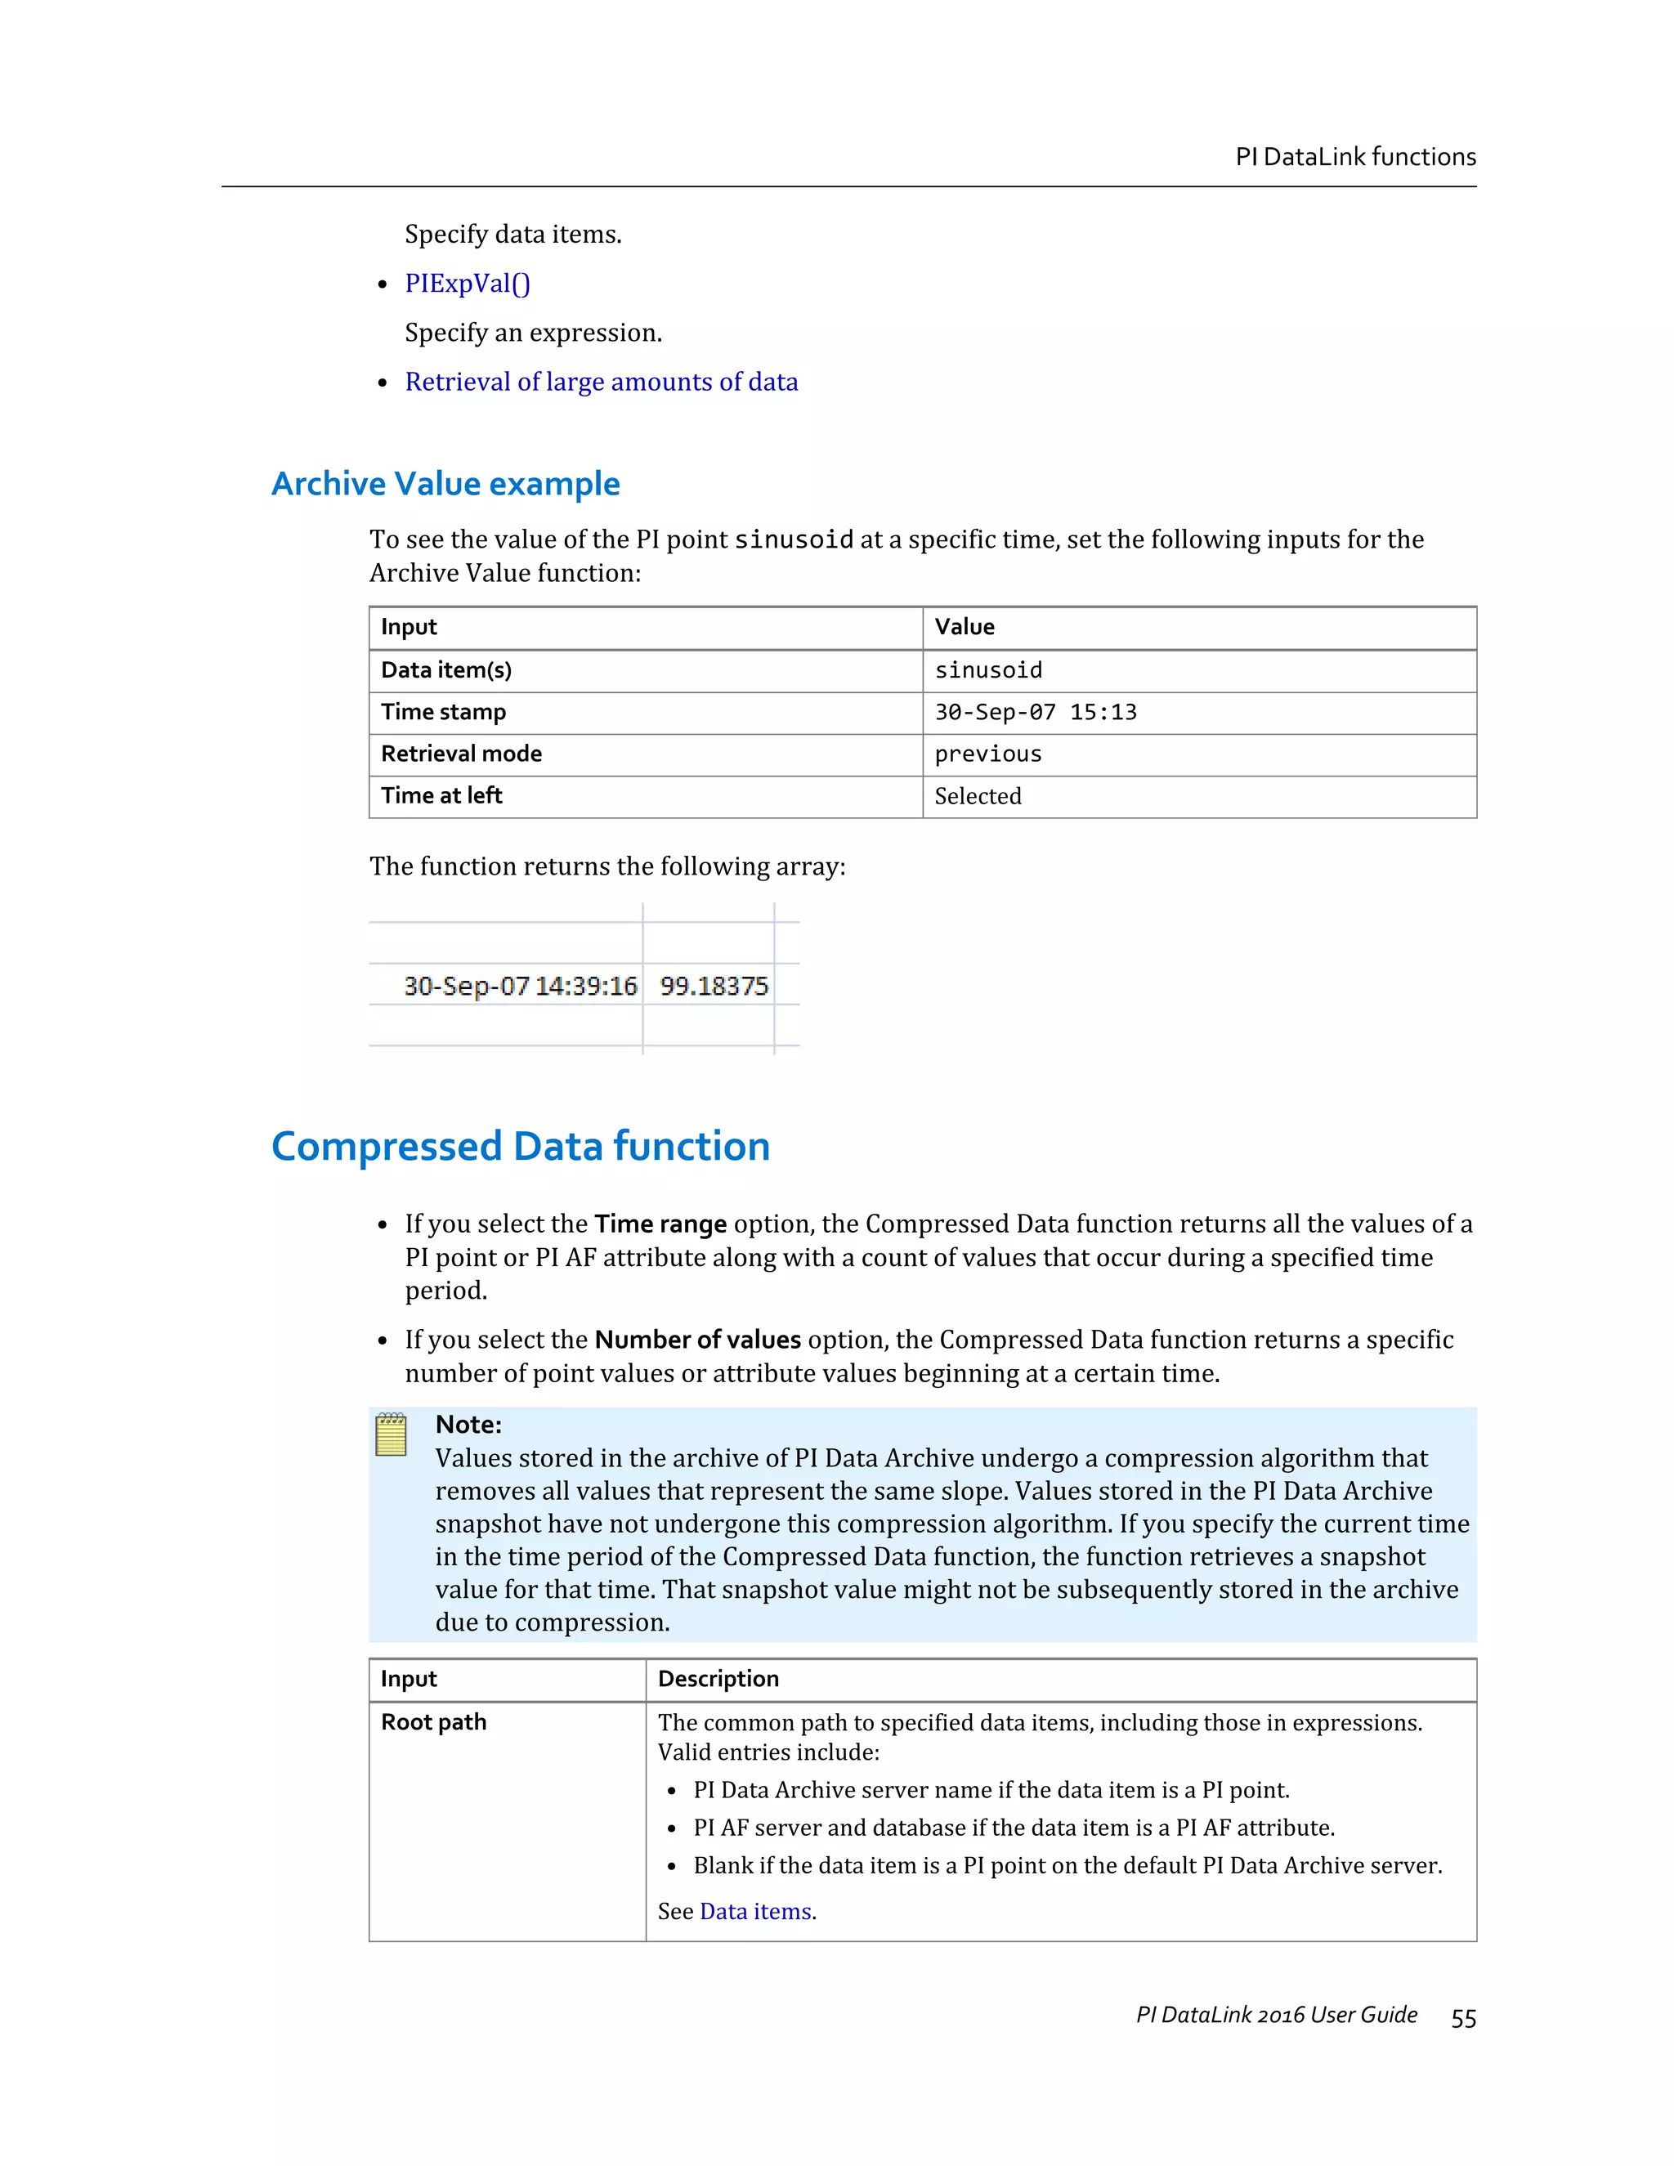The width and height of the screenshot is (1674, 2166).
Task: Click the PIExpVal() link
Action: coord(467,284)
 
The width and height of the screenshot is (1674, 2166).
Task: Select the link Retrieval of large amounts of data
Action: coord(601,382)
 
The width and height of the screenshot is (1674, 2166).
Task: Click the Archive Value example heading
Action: coord(445,484)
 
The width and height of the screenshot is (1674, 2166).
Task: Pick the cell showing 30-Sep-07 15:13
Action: coord(1036,712)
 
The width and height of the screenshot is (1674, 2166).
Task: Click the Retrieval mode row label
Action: coord(461,754)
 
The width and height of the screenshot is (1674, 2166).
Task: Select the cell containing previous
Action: coord(987,754)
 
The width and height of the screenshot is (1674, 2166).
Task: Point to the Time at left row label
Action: coord(441,795)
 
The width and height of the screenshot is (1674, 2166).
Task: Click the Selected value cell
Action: coord(978,796)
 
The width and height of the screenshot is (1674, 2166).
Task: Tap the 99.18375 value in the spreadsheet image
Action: coord(714,986)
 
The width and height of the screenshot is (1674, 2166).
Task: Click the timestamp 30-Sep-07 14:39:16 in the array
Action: coord(520,986)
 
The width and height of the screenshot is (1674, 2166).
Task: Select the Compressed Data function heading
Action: coord(521,1147)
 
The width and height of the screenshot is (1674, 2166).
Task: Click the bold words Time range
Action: coord(660,1224)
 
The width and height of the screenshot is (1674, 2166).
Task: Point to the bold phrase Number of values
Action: coord(697,1340)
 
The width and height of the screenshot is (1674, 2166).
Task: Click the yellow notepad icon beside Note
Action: coord(392,1435)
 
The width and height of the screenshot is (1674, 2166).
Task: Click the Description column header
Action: coord(718,1679)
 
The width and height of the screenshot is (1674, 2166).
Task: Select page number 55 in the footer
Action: coord(1463,2018)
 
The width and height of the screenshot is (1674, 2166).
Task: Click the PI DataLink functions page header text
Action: coord(1354,157)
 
